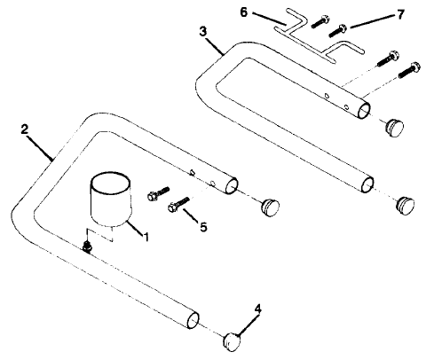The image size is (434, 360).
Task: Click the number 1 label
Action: tap(146, 238)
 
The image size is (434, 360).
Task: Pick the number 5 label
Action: tap(204, 227)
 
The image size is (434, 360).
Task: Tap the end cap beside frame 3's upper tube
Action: tap(391, 126)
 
